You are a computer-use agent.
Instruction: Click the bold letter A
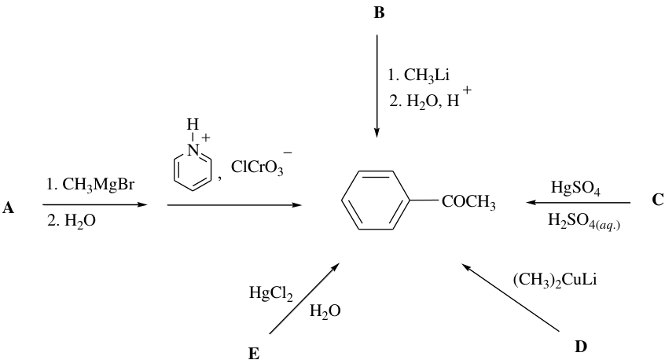pos(8,208)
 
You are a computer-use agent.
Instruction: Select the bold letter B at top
pos(379,13)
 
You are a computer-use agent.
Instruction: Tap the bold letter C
pos(658,200)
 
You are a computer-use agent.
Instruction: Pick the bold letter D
pos(581,347)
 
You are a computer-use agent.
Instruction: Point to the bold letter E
pos(254,353)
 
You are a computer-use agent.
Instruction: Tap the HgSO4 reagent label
pos(575,187)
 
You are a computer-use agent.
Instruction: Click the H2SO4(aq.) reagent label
pos(583,221)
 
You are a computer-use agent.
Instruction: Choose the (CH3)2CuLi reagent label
pos(555,281)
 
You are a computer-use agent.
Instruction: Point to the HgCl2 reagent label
pos(271,293)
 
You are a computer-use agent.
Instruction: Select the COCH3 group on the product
pos(468,202)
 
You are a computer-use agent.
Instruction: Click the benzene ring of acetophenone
pos(377,200)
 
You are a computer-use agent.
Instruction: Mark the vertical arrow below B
pos(377,86)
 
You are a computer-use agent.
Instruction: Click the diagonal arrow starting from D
pos(511,297)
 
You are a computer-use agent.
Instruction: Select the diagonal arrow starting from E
pos(304,298)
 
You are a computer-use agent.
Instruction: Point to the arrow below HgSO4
pos(578,203)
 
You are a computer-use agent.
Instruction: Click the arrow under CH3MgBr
pos(95,205)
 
